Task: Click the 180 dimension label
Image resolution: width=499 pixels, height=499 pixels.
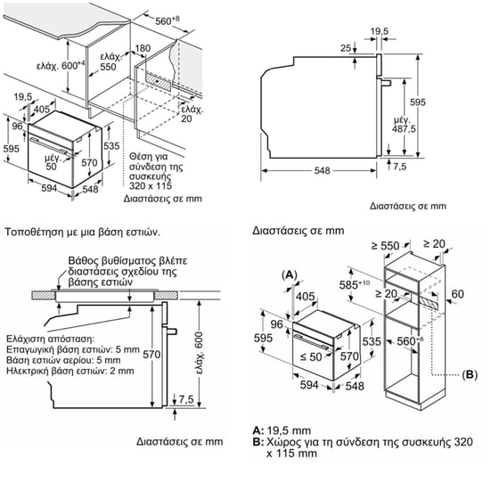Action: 143,48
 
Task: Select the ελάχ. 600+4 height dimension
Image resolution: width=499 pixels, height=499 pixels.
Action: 61,66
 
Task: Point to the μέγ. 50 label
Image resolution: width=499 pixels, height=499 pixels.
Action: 52,162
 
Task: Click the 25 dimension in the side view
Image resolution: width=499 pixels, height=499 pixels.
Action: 346,48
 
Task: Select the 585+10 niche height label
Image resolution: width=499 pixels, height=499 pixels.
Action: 354,284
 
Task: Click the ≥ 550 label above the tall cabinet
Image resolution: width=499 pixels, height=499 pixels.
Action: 385,246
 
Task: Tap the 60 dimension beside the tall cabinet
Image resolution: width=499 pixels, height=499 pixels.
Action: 457,294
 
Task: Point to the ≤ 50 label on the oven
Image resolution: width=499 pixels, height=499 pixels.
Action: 311,356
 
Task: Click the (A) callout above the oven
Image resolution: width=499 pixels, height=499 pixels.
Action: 290,274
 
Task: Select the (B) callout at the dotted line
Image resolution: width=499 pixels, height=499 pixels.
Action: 470,374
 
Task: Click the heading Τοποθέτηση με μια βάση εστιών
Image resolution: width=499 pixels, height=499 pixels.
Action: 82,232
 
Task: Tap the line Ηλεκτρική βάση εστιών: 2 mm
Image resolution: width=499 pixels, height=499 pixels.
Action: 70,371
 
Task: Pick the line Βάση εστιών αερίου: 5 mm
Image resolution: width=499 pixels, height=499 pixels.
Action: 63,360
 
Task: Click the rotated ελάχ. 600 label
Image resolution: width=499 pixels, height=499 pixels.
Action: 199,353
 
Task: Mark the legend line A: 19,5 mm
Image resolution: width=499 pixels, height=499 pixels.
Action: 282,430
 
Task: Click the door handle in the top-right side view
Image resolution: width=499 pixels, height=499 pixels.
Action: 385,83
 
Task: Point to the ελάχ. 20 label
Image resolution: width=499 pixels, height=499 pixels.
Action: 192,114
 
